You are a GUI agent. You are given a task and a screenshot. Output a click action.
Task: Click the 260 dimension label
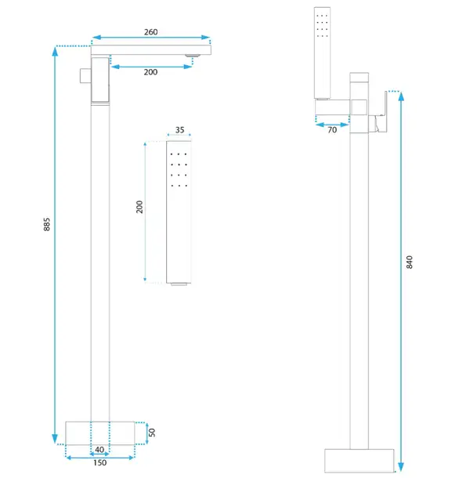[150, 32]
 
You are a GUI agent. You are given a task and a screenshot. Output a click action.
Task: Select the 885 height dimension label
[47, 224]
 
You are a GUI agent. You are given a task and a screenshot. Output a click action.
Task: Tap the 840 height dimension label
[410, 263]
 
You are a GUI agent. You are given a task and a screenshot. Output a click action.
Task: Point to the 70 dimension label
[332, 130]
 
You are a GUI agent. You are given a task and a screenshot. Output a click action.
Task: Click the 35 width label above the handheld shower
[180, 130]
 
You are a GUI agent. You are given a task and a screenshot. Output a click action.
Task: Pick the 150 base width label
[100, 463]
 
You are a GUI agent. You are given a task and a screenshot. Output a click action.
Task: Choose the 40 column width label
[99, 450]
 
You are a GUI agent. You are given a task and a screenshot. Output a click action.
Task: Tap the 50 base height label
[152, 433]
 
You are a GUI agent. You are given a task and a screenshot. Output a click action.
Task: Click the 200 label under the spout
[150, 72]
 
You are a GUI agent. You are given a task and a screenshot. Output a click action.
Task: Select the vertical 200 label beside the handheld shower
[139, 207]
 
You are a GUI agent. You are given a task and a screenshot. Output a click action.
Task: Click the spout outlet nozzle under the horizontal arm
[193, 56]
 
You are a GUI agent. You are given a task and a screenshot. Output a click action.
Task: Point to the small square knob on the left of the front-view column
[85, 75]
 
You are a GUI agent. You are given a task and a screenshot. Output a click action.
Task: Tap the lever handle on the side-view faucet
[381, 113]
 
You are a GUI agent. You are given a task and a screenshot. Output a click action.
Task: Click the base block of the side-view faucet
[359, 460]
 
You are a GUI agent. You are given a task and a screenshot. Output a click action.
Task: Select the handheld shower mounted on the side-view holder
[322, 53]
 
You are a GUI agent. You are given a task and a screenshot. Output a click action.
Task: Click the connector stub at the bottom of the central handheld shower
[179, 284]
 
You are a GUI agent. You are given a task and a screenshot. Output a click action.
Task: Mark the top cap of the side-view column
[359, 78]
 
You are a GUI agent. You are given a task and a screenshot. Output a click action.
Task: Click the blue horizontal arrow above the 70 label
[332, 125]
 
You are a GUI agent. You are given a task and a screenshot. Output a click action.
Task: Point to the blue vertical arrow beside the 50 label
[147, 433]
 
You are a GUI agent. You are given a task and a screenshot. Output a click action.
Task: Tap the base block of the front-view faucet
[100, 433]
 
